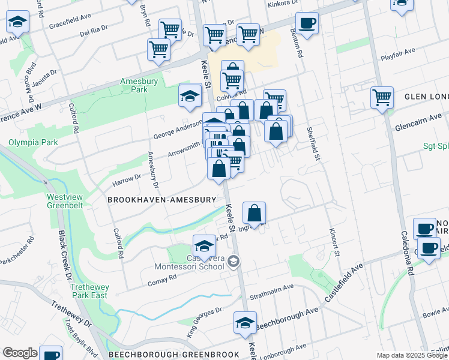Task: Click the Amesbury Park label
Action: (x=133, y=85)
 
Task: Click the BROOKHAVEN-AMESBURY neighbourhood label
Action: (x=161, y=199)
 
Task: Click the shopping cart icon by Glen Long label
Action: (x=382, y=97)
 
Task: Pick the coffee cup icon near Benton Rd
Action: (x=307, y=23)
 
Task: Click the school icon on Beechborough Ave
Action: (x=245, y=323)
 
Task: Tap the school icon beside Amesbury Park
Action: (x=190, y=96)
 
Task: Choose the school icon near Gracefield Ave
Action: (x=18, y=23)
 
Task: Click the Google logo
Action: (x=20, y=353)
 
